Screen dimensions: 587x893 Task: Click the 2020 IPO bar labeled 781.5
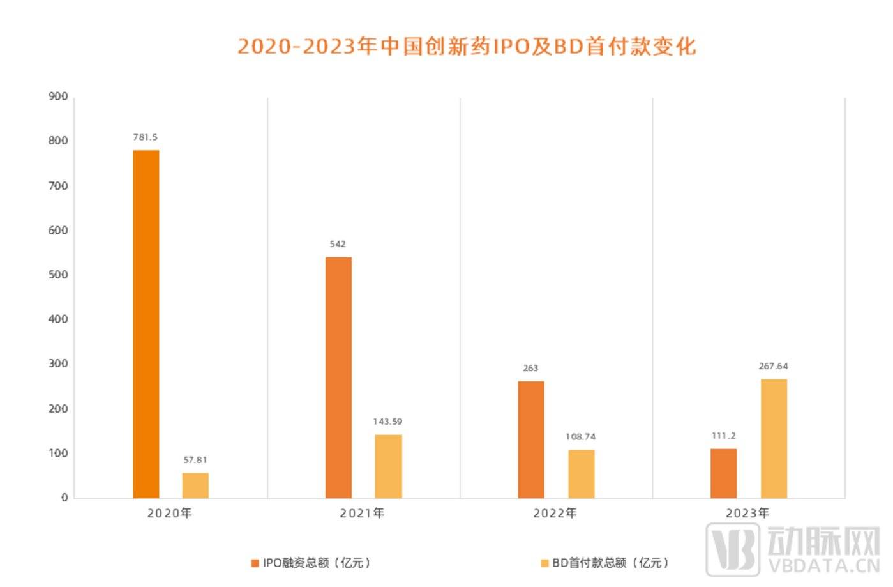click(x=146, y=324)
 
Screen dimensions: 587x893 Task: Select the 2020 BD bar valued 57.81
click(x=195, y=485)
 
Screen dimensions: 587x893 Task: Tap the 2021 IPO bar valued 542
click(x=338, y=377)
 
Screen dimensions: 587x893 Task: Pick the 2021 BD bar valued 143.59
click(x=388, y=466)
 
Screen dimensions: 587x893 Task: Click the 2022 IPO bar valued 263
click(x=531, y=439)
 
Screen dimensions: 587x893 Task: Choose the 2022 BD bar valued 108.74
click(x=581, y=474)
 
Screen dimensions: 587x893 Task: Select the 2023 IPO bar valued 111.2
click(x=723, y=473)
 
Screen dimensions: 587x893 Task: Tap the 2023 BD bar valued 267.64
click(x=774, y=438)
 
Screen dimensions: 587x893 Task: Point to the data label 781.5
click(x=146, y=137)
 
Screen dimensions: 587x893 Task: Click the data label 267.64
click(x=773, y=366)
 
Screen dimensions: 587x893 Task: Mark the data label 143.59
click(x=387, y=422)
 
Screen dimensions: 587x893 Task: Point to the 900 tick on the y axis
click(x=58, y=96)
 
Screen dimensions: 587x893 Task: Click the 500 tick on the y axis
click(x=58, y=275)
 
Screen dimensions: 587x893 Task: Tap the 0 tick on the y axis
click(x=64, y=498)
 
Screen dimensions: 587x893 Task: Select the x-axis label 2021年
click(x=362, y=513)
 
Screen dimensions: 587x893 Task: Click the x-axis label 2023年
click(x=747, y=513)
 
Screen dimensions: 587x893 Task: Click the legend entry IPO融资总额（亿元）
click(x=311, y=563)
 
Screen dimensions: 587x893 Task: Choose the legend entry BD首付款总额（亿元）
click(x=605, y=563)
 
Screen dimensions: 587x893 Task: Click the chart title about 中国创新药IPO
click(x=467, y=46)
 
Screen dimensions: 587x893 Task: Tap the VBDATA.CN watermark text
click(x=823, y=566)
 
